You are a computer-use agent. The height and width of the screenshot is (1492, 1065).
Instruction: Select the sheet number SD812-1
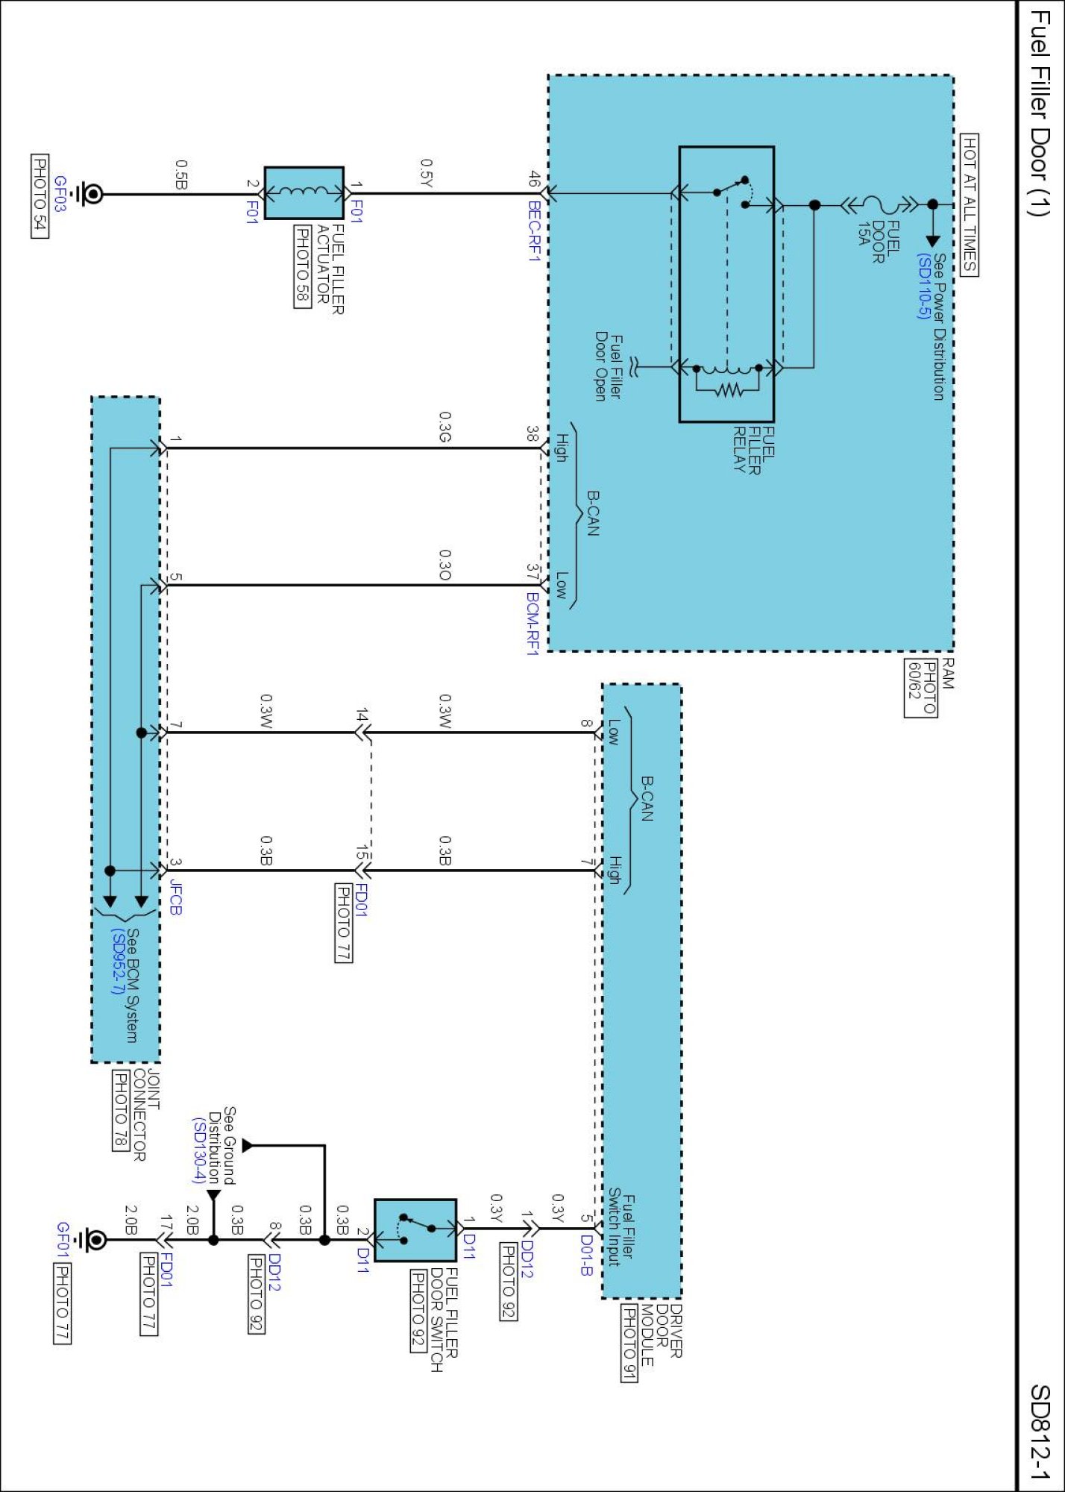1040,1432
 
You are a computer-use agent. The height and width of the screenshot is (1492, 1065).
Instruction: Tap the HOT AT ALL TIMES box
969,204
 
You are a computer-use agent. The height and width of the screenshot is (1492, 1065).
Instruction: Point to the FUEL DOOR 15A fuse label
877,240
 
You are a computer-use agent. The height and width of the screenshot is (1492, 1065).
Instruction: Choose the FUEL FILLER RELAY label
753,449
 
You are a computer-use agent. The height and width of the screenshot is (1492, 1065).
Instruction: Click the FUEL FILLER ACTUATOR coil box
304,192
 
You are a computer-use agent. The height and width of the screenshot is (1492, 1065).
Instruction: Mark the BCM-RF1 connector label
532,624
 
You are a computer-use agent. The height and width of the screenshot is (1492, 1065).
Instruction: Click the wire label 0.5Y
427,172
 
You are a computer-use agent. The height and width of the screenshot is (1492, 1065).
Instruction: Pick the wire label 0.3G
445,427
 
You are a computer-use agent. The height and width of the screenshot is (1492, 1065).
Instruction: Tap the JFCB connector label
175,897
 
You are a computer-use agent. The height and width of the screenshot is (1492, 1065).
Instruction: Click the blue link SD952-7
117,961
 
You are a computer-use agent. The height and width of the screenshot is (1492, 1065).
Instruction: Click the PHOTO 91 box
629,1343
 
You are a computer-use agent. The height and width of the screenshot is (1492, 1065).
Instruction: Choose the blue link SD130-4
198,1150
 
